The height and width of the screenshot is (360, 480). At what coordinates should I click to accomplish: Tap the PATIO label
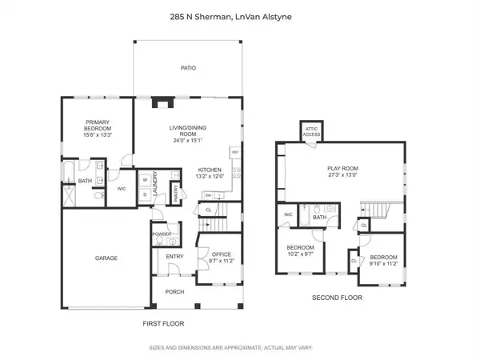tap(189, 69)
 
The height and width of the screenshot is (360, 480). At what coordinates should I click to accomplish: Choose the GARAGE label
tap(106, 258)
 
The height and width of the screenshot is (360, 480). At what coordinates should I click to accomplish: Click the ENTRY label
tap(174, 257)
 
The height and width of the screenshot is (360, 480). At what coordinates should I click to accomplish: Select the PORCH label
tap(174, 292)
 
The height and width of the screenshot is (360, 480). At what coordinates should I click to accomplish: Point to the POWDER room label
tap(161, 234)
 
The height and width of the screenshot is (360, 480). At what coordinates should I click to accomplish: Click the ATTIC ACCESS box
tap(310, 132)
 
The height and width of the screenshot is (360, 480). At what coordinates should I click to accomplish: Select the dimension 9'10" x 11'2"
tap(383, 263)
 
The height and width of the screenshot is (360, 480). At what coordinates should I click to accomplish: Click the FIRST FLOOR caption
tap(163, 323)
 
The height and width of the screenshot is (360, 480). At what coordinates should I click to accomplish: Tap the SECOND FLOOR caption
tap(337, 298)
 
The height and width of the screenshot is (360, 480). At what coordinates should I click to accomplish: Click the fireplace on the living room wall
tap(162, 102)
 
